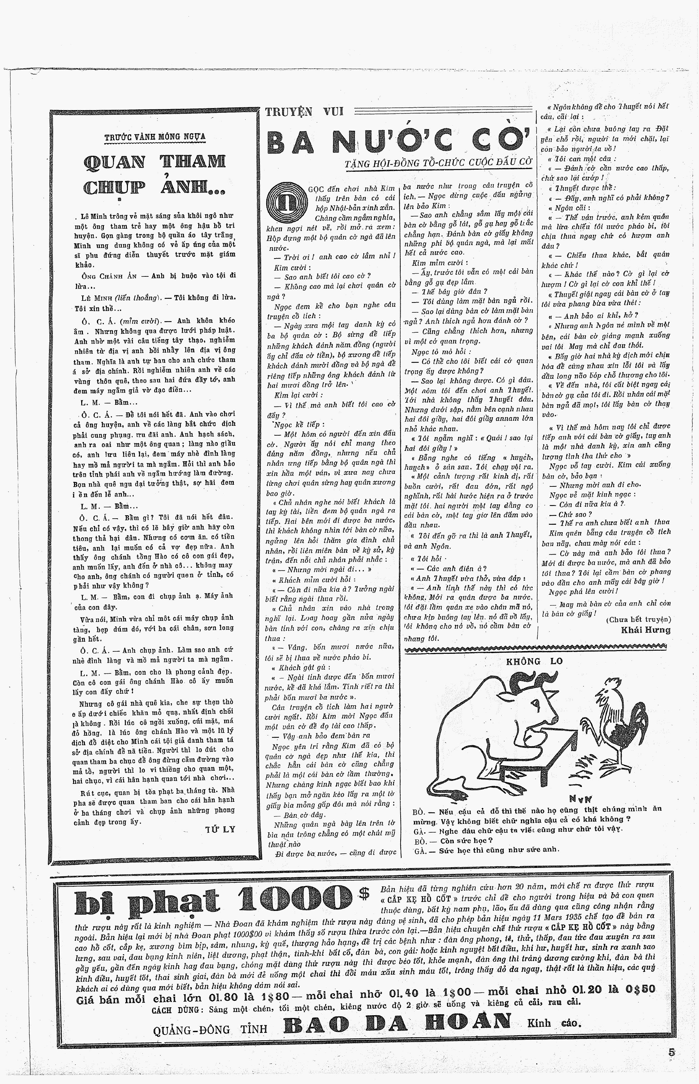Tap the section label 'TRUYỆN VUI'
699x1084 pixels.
305,111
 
